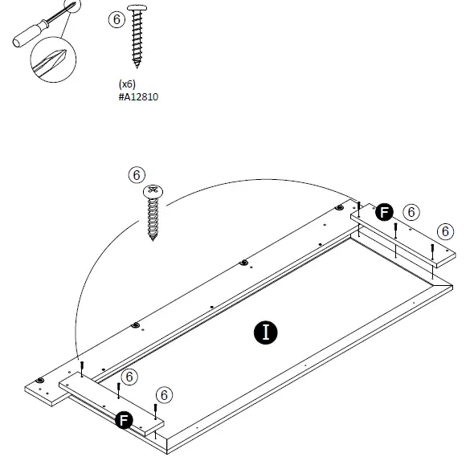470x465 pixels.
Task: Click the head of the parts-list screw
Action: click(x=140, y=10)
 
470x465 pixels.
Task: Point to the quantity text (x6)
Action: click(x=127, y=83)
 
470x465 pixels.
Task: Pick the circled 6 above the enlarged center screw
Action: click(x=137, y=174)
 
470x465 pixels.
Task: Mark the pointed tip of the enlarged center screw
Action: click(x=153, y=239)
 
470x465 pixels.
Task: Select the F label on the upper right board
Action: click(x=384, y=212)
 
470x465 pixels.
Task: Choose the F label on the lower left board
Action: click(x=123, y=419)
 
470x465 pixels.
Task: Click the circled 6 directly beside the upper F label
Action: click(x=411, y=212)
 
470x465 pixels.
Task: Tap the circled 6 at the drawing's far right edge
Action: click(x=444, y=230)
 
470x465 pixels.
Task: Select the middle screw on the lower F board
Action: click(x=119, y=390)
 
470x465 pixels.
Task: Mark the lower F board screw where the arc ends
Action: click(x=82, y=369)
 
